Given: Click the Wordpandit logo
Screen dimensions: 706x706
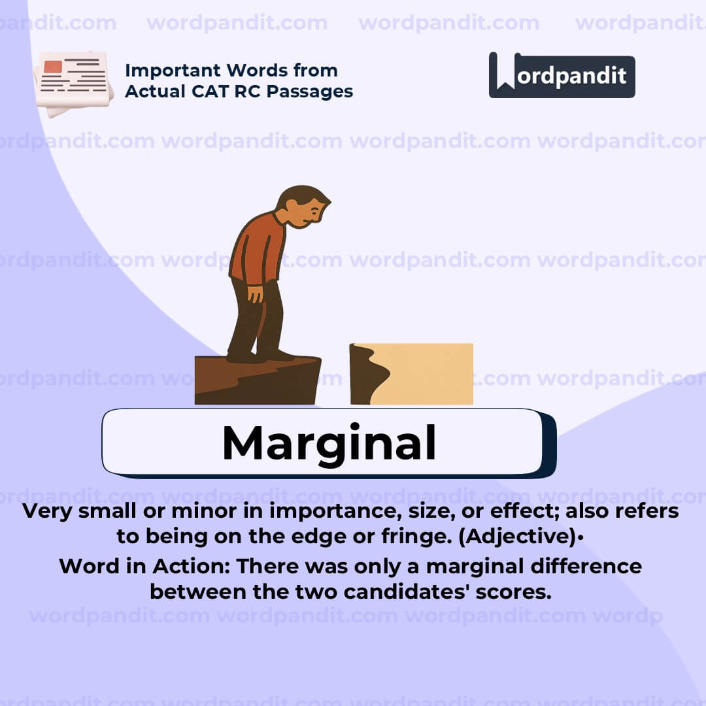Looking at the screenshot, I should click(562, 75).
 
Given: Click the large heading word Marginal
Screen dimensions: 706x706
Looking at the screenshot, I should click(329, 443).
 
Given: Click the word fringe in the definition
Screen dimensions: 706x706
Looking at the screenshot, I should click(408, 537).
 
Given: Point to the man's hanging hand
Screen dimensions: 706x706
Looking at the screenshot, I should click(254, 294).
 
